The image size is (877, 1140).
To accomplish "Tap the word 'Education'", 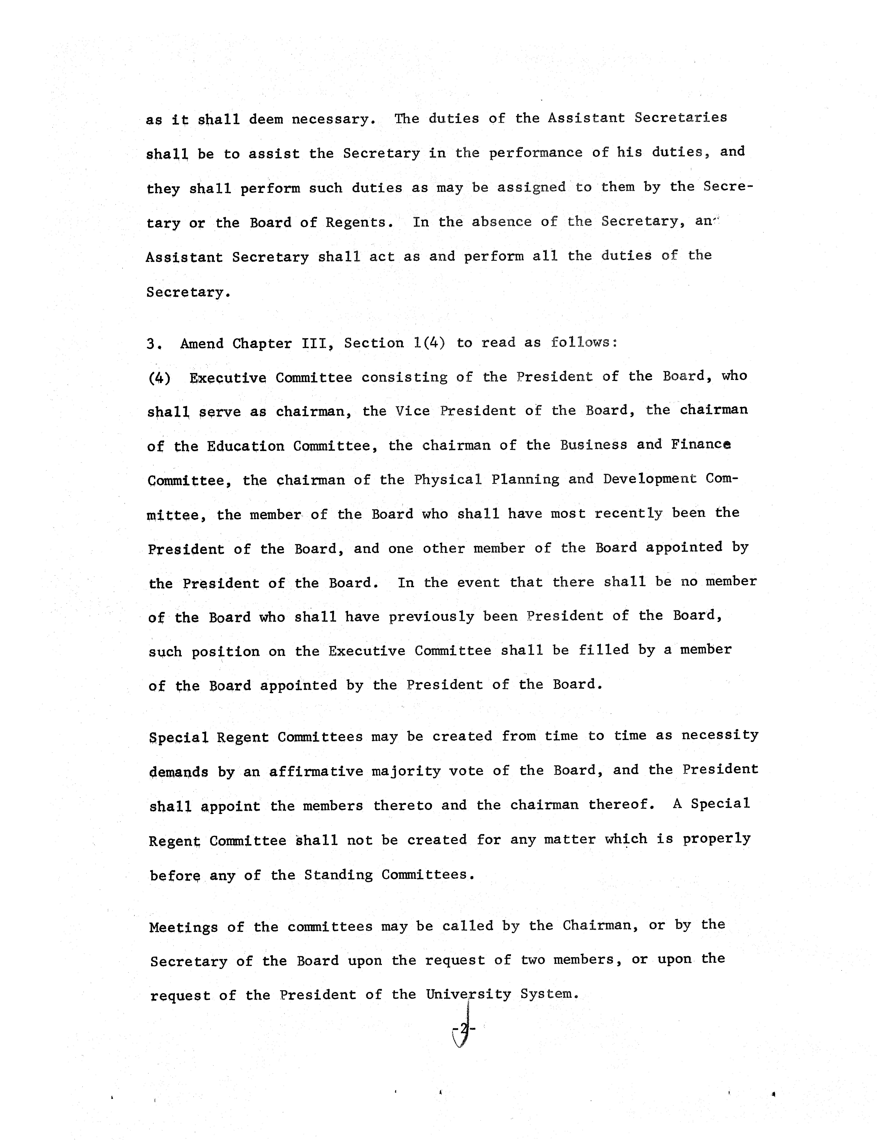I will pyautogui.click(x=245, y=446).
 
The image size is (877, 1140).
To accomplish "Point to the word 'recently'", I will pyautogui.click(x=628, y=514).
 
